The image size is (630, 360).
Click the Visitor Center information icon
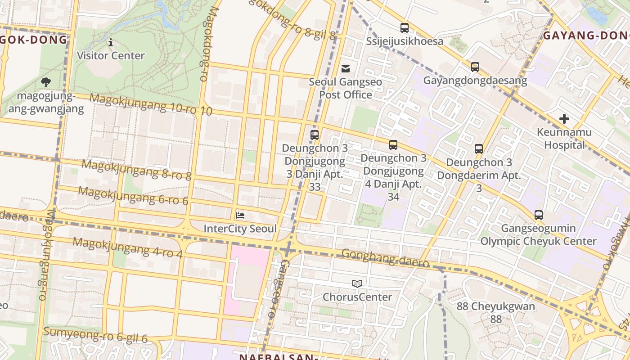click(111, 42)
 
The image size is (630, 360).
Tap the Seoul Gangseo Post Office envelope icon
click(346, 68)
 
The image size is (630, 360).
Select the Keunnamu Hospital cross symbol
click(564, 119)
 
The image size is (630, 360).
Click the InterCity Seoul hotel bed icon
click(240, 215)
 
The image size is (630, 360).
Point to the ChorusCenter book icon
click(357, 283)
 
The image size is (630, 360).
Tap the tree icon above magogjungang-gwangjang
click(45, 82)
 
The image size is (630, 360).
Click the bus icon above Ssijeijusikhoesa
click(405, 27)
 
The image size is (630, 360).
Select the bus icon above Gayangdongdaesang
click(475, 67)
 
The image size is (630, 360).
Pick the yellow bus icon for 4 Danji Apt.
click(393, 144)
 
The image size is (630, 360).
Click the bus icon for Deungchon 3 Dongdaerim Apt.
click(479, 148)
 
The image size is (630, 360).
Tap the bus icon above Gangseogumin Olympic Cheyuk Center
click(539, 215)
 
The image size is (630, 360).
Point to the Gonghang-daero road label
click(385, 258)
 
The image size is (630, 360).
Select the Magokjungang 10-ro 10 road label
click(151, 104)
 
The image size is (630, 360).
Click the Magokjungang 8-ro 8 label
click(136, 170)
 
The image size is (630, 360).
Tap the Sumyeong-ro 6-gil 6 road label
click(95, 335)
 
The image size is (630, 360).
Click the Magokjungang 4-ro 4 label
click(127, 248)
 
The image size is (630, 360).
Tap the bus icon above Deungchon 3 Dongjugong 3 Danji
click(315, 135)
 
